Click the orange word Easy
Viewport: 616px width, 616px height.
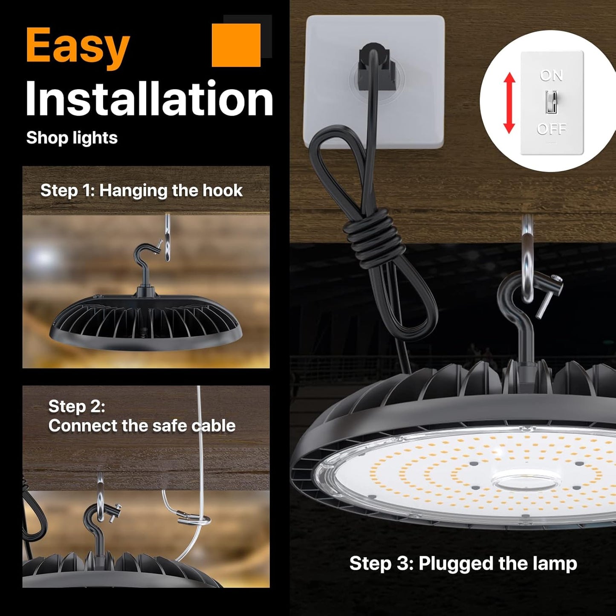(78, 46)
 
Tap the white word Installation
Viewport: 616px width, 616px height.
(149, 99)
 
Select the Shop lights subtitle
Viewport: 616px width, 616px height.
(72, 138)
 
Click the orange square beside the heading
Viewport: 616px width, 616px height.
(236, 45)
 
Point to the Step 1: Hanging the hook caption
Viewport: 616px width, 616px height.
(141, 191)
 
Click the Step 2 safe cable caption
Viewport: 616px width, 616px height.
(142, 416)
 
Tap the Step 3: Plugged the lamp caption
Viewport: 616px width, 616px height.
(463, 563)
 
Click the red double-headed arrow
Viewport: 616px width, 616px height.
(509, 103)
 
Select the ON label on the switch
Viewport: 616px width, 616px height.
(551, 76)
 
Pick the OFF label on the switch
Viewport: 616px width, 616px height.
(552, 129)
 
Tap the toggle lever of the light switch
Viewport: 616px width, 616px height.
(551, 102)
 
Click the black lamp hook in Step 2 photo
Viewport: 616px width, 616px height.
(96, 529)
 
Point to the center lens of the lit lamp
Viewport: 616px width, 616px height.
(525, 482)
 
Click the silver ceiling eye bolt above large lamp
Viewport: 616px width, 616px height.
(528, 256)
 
